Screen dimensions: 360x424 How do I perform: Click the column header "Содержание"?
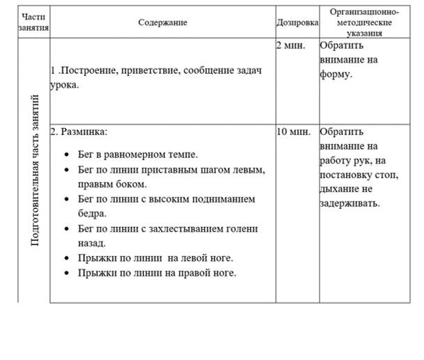(x=162, y=22)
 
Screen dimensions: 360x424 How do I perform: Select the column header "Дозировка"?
(x=297, y=22)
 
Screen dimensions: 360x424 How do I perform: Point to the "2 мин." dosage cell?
(x=291, y=46)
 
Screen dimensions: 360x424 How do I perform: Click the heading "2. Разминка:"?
(x=79, y=132)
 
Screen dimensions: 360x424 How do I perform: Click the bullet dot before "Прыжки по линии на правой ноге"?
(x=65, y=273)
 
